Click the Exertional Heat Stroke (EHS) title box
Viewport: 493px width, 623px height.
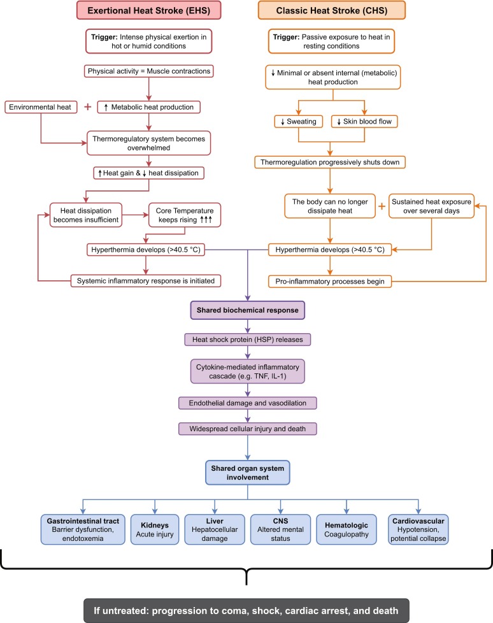point(148,10)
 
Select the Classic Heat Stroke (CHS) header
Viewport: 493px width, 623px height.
point(332,10)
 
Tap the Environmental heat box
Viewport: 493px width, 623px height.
point(41,107)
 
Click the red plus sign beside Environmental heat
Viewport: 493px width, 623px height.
point(88,107)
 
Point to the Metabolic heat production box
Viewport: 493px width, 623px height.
point(148,107)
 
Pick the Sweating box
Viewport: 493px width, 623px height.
point(298,121)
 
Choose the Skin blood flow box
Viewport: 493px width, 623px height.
point(364,121)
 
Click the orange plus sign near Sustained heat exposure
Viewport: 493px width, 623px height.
point(382,206)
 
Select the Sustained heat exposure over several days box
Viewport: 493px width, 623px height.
point(431,206)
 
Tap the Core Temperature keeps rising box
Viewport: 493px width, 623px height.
point(184,215)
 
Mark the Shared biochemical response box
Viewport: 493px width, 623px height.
point(248,310)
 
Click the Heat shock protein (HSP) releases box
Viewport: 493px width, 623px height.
point(248,340)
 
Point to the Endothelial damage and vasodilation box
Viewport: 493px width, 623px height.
point(248,403)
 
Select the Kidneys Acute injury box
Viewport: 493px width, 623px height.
point(155,529)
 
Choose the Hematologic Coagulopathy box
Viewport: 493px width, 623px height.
point(347,529)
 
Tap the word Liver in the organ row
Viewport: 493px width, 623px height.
point(215,521)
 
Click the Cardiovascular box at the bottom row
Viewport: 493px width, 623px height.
point(418,529)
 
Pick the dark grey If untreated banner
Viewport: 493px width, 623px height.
point(246,610)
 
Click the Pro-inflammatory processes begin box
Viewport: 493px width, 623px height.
point(330,282)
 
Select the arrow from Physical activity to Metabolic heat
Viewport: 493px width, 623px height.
point(149,89)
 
